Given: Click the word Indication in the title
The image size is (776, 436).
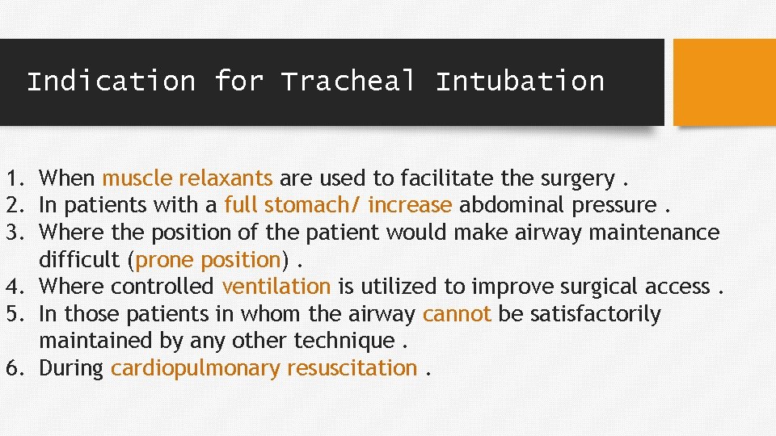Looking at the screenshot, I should point(111,82).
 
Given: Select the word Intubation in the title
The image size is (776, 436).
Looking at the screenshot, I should point(520,82).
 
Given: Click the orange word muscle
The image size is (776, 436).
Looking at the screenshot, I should point(137,178).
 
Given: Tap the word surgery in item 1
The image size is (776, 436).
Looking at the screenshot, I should point(580,178).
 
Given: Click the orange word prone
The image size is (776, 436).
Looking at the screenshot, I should point(165,260).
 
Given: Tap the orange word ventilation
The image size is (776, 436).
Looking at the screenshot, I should point(276,287).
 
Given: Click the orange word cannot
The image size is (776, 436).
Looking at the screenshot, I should point(457,314).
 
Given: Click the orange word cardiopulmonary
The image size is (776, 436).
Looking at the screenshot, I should point(196,368).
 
